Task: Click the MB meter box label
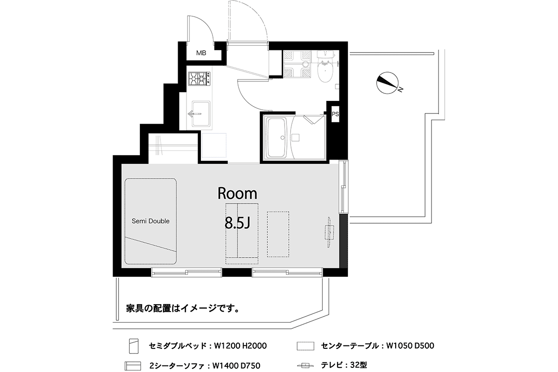[201, 53]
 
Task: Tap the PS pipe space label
[335, 114]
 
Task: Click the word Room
[237, 193]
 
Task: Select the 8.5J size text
[237, 223]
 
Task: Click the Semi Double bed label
[151, 221]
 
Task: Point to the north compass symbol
[388, 83]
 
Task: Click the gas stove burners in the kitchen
[199, 78]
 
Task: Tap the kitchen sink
[201, 114]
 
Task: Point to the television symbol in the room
[329, 232]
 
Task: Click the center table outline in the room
[278, 234]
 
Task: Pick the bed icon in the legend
[134, 346]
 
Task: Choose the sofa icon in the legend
[133, 366]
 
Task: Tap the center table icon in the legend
[306, 346]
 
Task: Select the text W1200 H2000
[240, 346]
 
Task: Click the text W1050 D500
[410, 345]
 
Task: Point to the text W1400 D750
[236, 365]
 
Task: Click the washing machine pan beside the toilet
[297, 64]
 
